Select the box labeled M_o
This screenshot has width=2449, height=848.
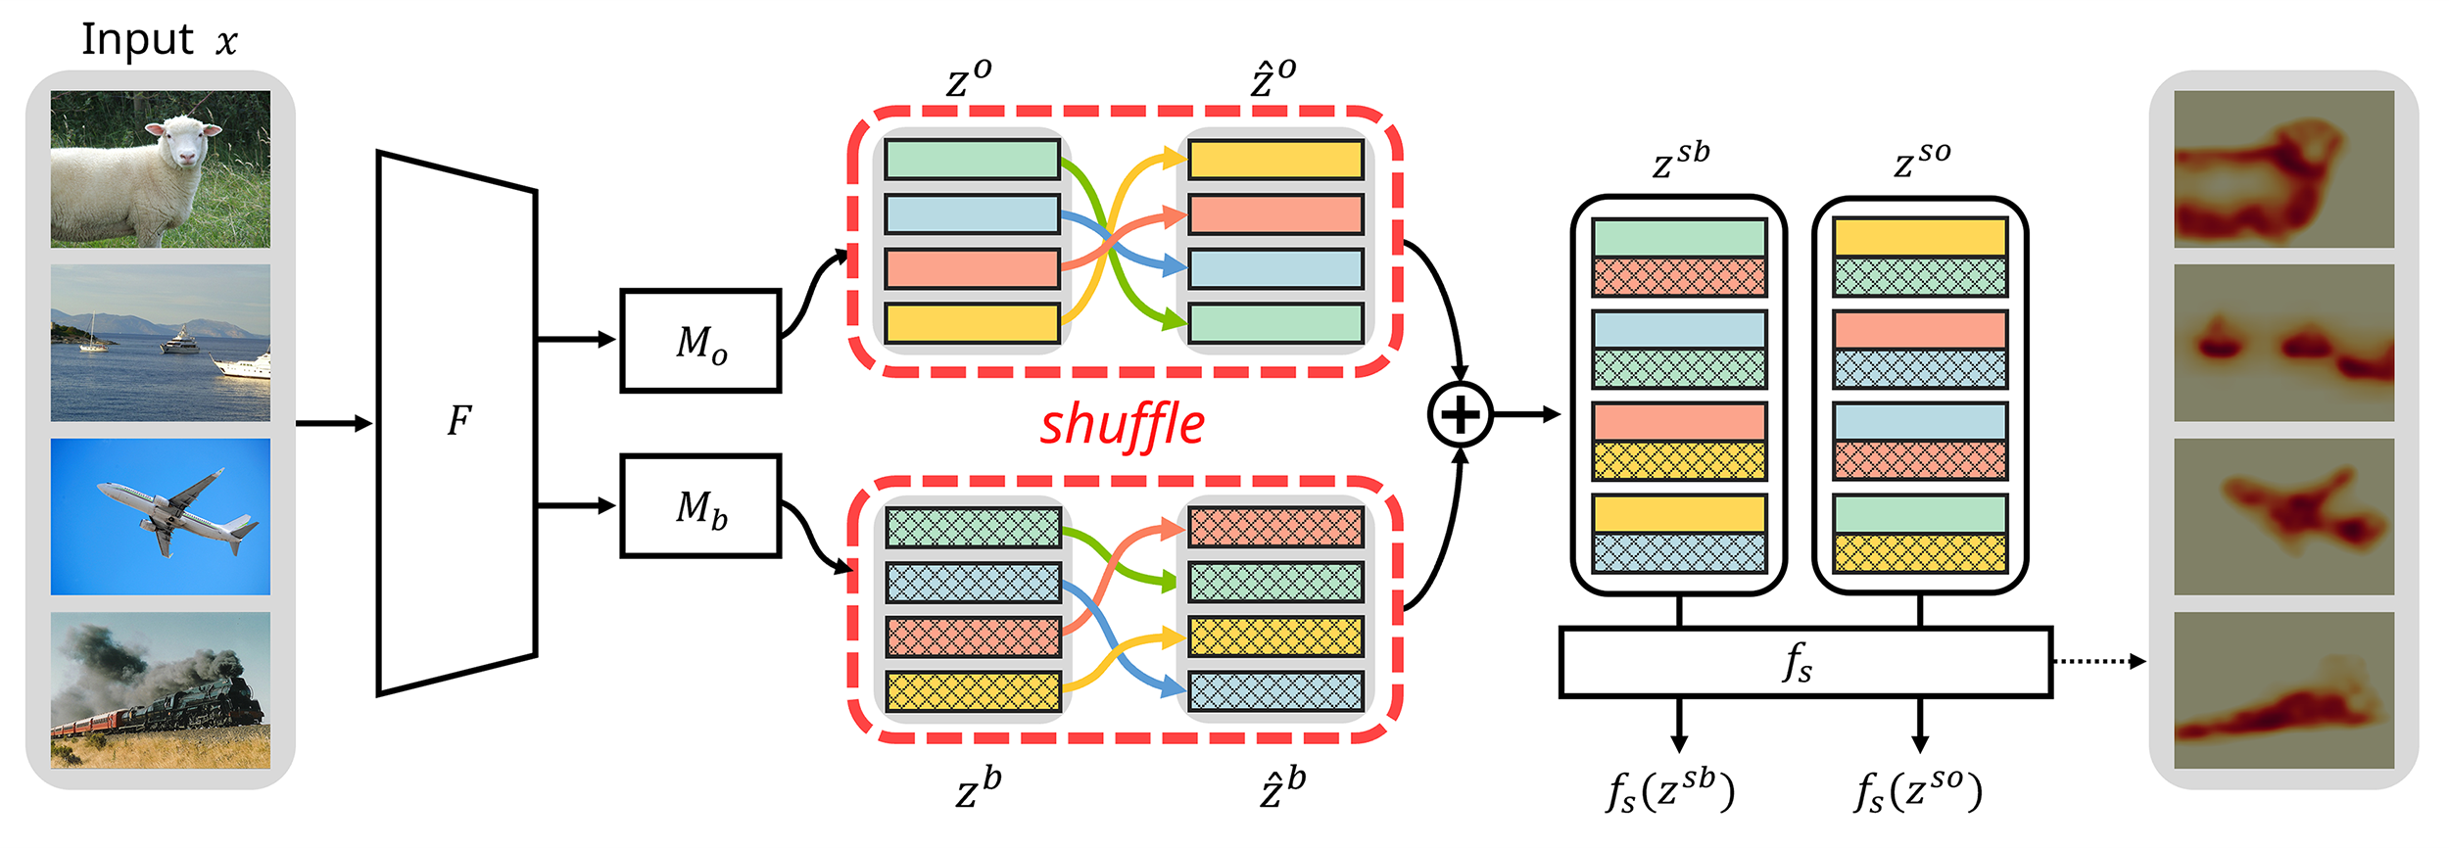click(700, 342)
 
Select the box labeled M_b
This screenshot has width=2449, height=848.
click(700, 506)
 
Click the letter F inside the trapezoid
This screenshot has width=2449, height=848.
click(458, 421)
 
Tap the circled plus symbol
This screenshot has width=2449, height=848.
click(1460, 415)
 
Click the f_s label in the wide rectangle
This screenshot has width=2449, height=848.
click(1798, 663)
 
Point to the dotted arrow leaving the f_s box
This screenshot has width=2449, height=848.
click(2096, 662)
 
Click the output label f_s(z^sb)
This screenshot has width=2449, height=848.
click(1670, 791)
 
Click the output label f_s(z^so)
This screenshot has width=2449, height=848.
click(1918, 791)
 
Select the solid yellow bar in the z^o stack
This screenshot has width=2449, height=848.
click(972, 323)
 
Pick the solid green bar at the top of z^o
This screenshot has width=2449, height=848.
click(972, 160)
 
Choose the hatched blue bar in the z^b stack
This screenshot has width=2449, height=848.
click(973, 583)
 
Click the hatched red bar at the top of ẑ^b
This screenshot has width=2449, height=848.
click(1275, 528)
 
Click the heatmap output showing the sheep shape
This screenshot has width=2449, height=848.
click(2282, 169)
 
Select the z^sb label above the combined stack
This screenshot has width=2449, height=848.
click(1680, 160)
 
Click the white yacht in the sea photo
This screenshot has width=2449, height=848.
click(241, 365)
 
